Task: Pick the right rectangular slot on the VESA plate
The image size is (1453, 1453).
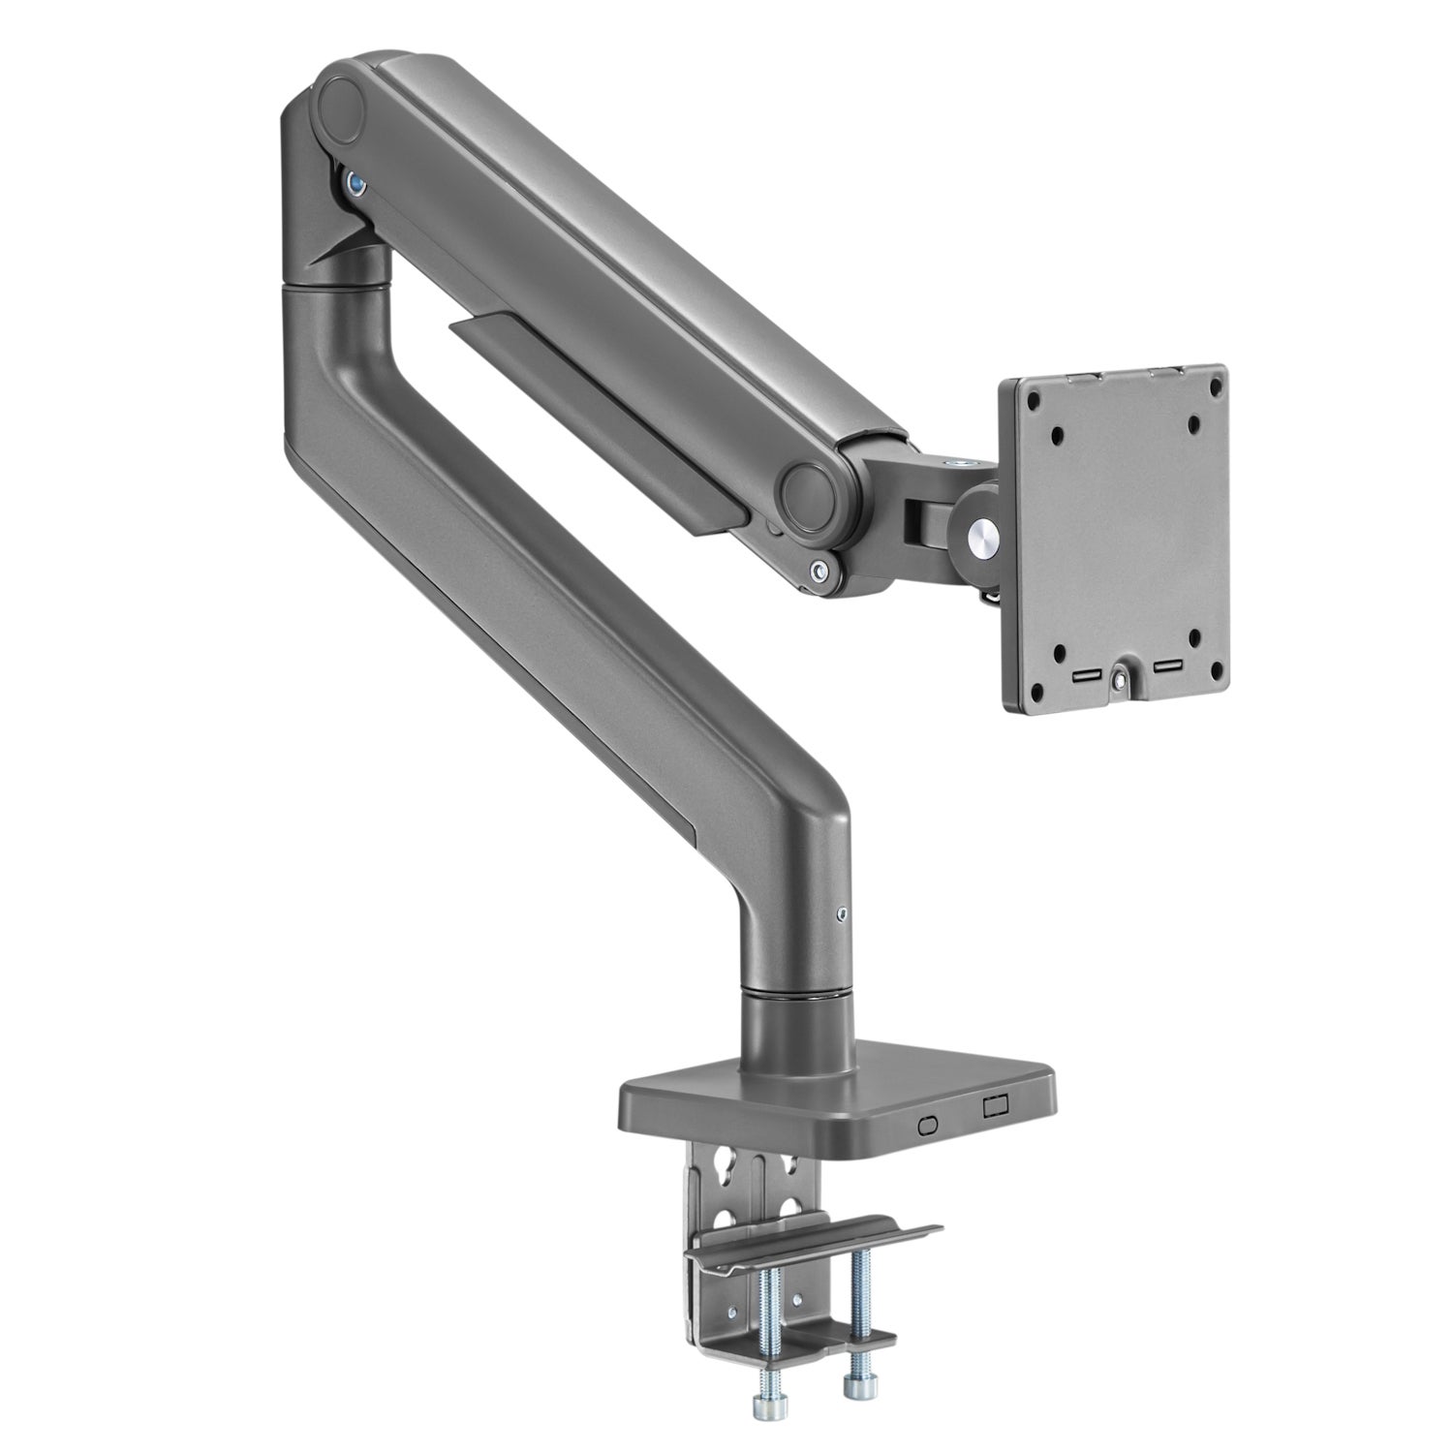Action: pos(1166,667)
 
